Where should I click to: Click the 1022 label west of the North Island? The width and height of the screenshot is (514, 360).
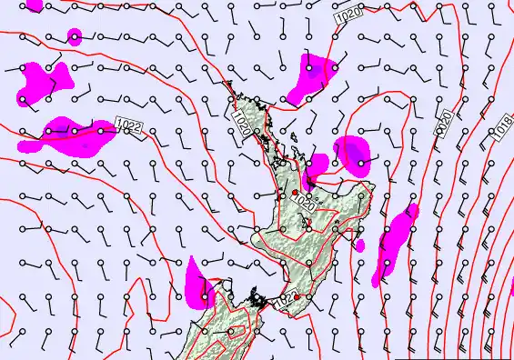(129, 126)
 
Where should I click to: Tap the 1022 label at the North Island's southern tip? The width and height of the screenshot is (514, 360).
(289, 297)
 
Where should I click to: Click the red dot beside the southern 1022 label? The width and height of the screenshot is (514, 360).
(297, 297)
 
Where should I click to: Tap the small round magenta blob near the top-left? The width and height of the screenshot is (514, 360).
(75, 36)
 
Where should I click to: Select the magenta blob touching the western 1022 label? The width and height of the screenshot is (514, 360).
(73, 134)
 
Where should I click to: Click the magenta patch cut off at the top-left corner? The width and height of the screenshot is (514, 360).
(34, 5)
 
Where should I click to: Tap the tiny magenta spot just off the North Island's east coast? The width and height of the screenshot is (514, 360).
(360, 245)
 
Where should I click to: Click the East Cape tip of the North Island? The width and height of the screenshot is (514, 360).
(373, 185)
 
